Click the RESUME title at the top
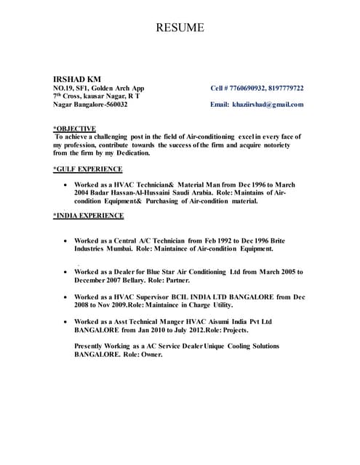point(180,28)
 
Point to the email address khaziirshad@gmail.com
point(268,104)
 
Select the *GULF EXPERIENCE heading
point(87,169)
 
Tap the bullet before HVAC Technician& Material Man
point(67,186)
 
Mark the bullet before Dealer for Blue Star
point(67,272)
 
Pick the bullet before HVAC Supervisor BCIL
point(67,297)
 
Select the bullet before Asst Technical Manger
point(67,321)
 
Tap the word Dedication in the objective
point(130,153)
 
